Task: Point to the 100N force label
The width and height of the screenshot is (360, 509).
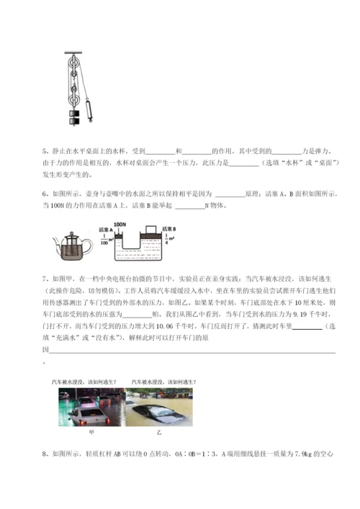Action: coord(120,225)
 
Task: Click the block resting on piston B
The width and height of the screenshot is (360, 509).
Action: coord(150,232)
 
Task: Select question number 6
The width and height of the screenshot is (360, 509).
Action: coord(45,194)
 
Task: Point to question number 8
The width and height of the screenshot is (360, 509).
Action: coord(45,454)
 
